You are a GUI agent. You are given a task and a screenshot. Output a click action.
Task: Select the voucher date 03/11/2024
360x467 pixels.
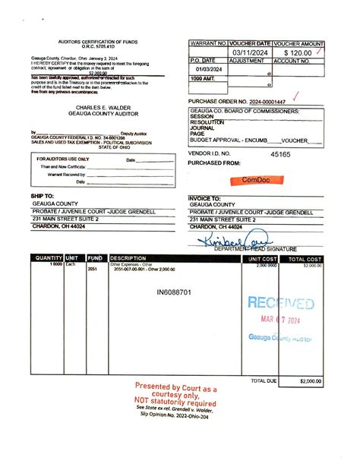(x=249, y=52)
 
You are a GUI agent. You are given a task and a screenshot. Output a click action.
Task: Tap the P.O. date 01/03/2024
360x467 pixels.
(x=207, y=69)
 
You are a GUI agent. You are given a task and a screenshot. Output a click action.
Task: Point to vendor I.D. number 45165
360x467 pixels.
(x=281, y=153)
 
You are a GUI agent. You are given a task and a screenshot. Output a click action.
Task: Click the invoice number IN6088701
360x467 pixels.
(x=174, y=292)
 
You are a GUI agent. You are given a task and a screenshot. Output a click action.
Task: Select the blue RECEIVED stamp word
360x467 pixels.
(x=280, y=304)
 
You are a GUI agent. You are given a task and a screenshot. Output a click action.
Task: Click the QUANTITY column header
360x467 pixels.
(x=49, y=258)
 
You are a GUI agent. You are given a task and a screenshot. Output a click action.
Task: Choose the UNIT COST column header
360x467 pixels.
(x=264, y=258)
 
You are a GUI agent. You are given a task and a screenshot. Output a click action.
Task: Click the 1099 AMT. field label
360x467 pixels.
(x=204, y=78)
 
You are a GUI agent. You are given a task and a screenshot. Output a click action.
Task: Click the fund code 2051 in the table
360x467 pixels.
(x=93, y=269)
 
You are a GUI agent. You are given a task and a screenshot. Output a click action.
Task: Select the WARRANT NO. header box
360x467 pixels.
(x=208, y=44)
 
